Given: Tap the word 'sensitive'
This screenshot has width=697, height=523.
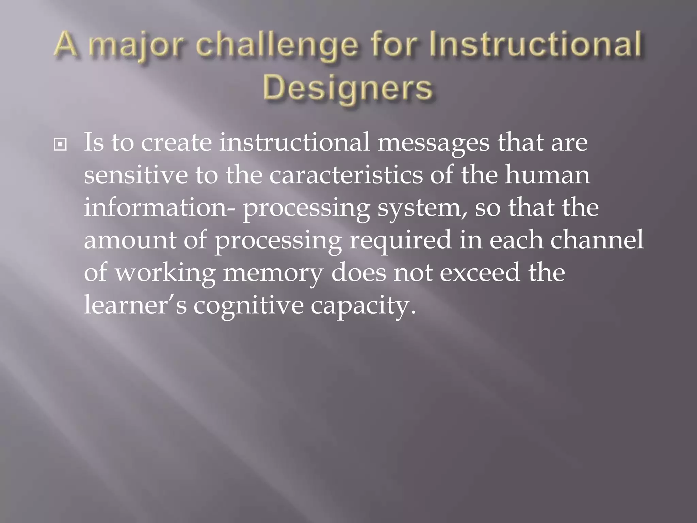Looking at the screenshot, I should [135, 175].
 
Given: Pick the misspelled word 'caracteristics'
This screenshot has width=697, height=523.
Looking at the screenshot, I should [346, 175].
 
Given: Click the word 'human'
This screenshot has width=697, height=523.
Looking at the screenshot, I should [547, 175].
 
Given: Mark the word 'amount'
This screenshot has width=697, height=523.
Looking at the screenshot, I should [130, 240].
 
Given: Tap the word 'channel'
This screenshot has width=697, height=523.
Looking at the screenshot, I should [597, 240].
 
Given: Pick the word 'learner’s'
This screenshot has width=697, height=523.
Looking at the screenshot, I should [135, 305].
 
